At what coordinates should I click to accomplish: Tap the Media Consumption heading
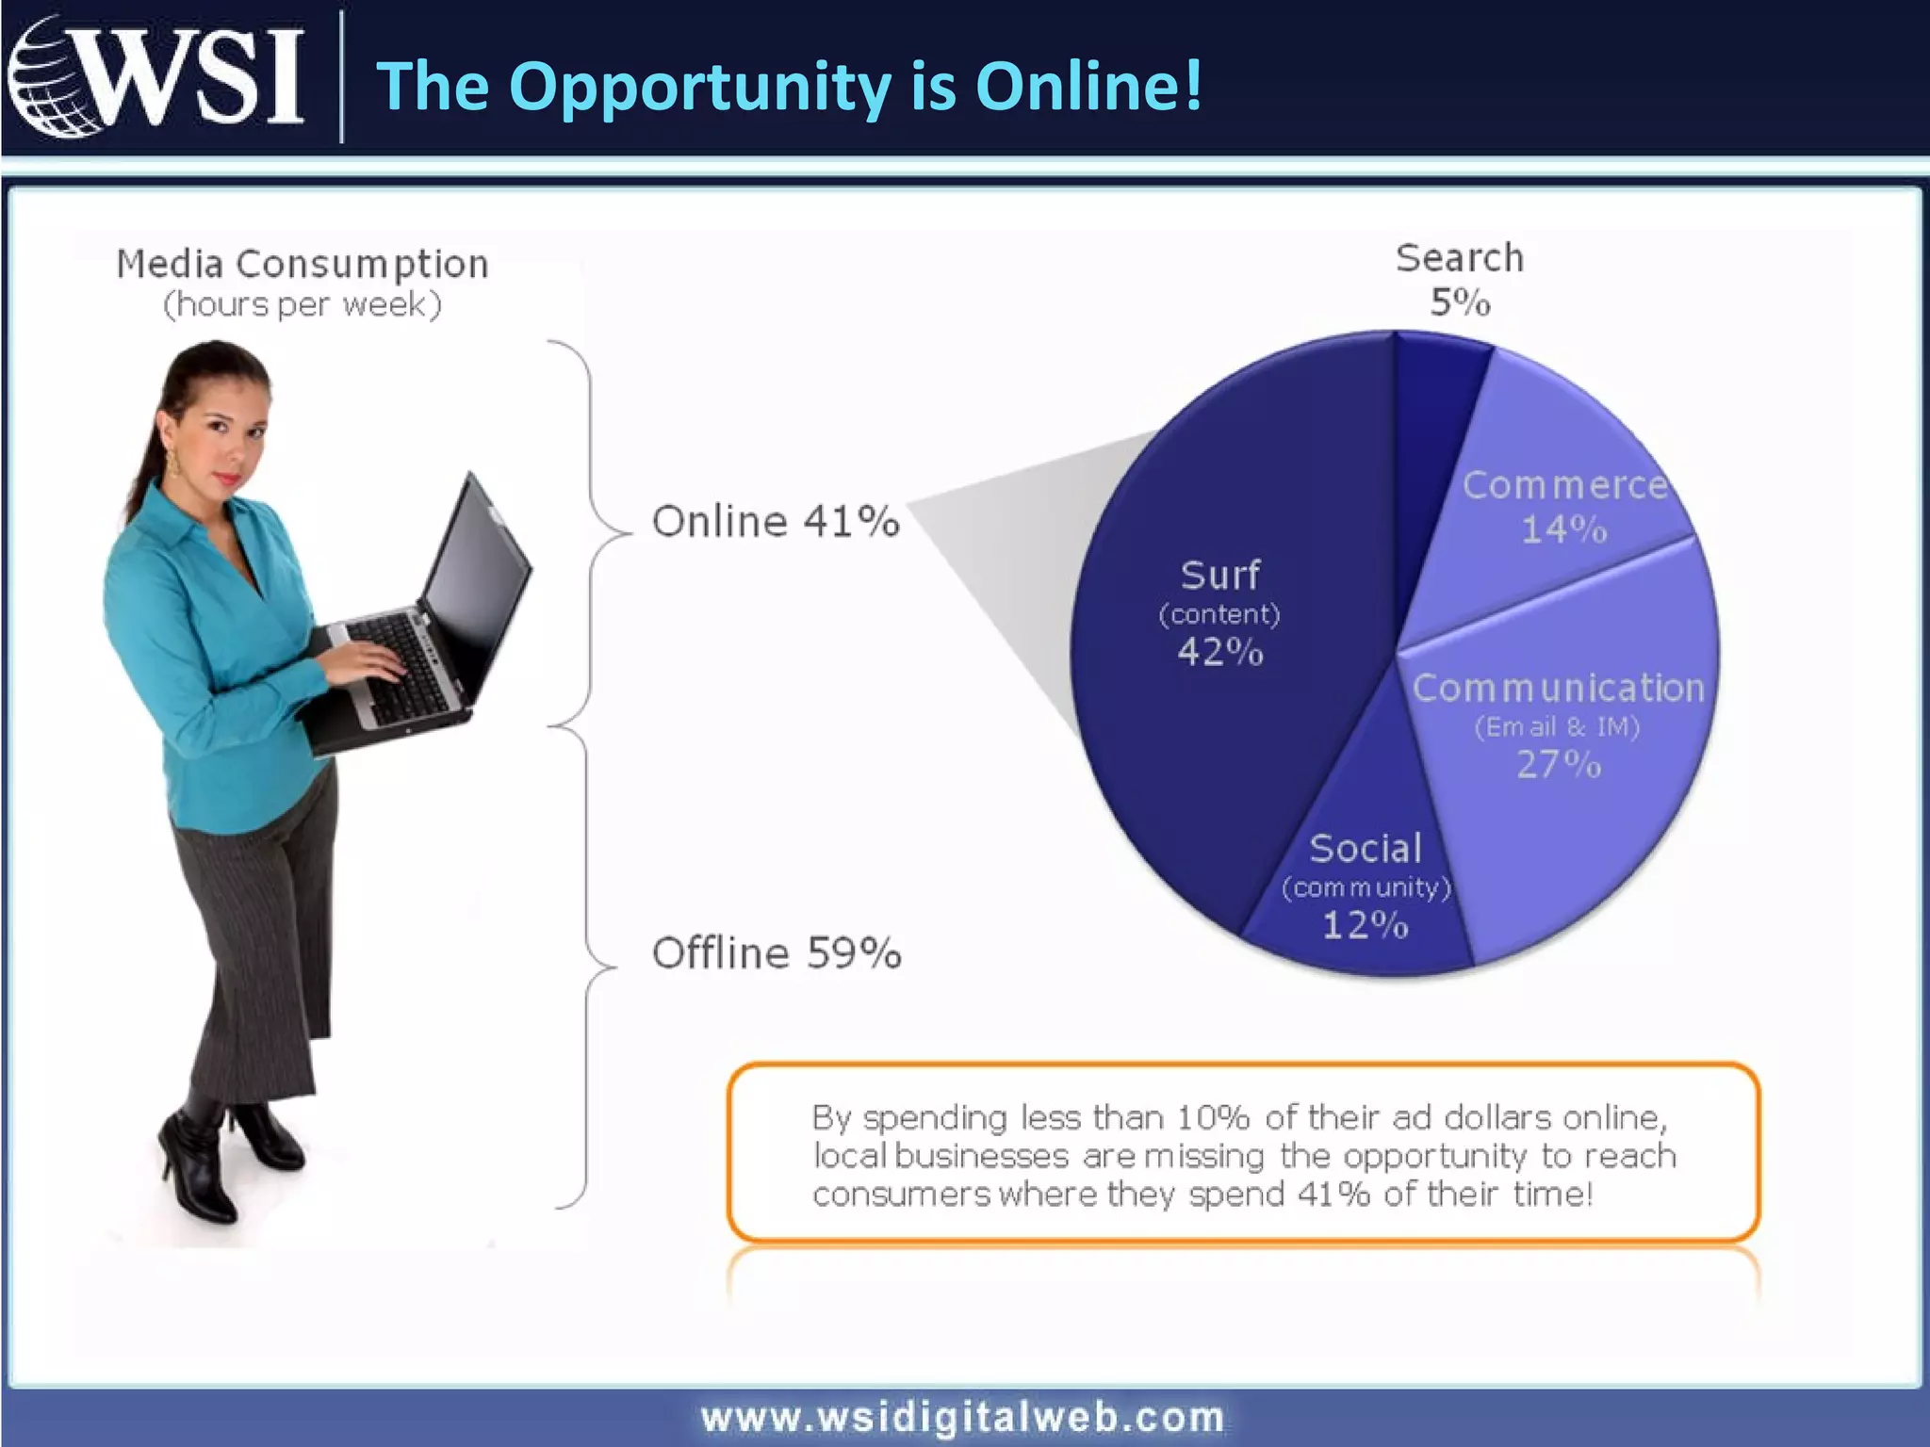click(303, 264)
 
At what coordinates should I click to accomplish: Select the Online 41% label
click(776, 522)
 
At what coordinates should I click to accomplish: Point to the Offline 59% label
click(777, 953)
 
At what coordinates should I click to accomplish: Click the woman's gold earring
click(173, 463)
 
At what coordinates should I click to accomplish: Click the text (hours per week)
click(303, 305)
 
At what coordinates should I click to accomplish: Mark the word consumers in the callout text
click(902, 1195)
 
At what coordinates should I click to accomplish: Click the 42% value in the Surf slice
click(1219, 652)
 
